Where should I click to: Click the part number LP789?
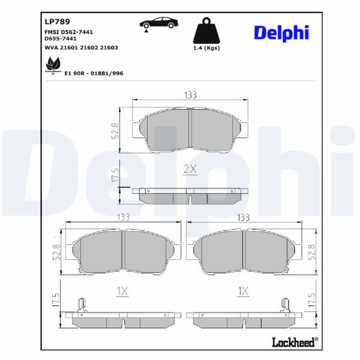[57, 22]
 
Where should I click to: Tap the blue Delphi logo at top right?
[281, 33]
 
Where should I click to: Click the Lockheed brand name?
[295, 342]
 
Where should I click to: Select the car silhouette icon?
[159, 23]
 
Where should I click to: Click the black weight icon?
[206, 31]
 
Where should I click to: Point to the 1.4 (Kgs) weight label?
[206, 48]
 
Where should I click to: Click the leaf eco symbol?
[53, 64]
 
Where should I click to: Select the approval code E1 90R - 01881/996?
[94, 73]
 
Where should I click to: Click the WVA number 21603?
[109, 48]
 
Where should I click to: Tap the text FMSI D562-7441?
[68, 32]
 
